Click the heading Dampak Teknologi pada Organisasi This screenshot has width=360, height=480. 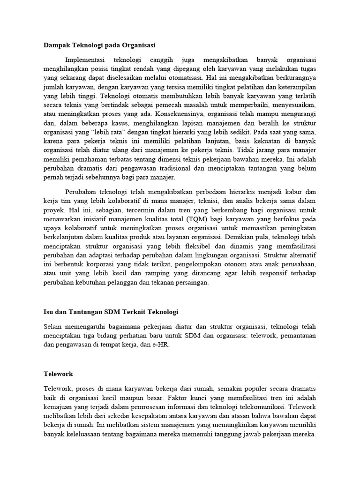(99, 45)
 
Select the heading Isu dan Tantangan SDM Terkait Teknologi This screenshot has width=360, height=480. (111, 312)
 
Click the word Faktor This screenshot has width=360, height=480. (167, 398)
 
